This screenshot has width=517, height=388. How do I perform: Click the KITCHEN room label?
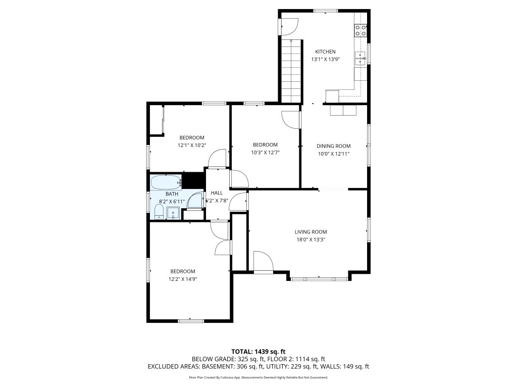[325, 52]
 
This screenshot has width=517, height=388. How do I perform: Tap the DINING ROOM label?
[333, 146]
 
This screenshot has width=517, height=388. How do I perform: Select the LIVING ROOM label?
[311, 232]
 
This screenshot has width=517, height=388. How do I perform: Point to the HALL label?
[217, 192]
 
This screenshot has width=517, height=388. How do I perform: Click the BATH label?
[172, 193]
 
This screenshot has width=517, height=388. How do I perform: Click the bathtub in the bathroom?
[166, 182]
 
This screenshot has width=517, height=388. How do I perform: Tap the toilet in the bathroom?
[159, 212]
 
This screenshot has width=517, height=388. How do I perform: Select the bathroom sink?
[173, 213]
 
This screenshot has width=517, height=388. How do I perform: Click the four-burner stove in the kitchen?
[360, 30]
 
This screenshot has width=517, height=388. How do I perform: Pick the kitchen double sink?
[360, 59]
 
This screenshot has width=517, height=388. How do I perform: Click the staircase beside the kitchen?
[291, 71]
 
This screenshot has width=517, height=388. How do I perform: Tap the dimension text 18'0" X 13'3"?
[311, 240]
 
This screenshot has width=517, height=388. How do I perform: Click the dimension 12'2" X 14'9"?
[183, 279]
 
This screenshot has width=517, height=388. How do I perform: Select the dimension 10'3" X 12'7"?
[265, 153]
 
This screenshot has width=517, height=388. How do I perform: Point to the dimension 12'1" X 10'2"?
[192, 145]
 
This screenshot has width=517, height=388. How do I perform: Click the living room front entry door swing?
[264, 262]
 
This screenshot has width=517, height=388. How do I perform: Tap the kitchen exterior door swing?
[289, 26]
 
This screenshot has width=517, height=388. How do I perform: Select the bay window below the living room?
[319, 279]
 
